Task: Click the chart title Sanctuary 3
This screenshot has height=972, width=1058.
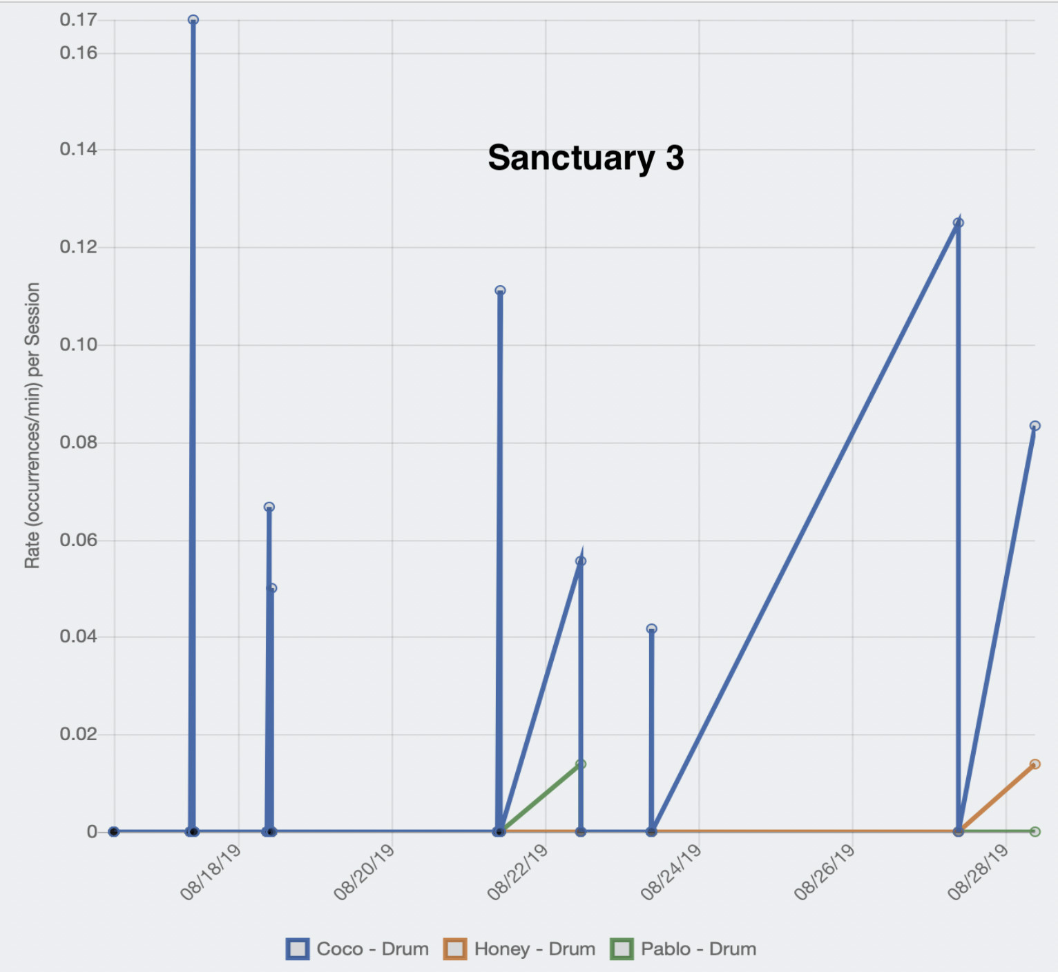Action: tap(586, 158)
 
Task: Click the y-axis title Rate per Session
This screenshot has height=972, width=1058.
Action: tap(32, 425)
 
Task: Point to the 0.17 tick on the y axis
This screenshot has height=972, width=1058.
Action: tap(78, 20)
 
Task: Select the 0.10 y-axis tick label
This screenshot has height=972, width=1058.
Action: tap(78, 344)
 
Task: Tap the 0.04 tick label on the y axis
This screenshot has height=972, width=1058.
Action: tap(78, 636)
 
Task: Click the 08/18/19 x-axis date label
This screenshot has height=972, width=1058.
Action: tap(211, 873)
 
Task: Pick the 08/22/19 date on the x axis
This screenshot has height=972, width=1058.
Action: tap(518, 873)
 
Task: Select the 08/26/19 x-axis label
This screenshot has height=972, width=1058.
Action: tap(825, 873)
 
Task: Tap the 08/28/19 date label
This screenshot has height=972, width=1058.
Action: tap(978, 873)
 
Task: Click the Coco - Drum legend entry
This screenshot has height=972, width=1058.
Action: tap(358, 949)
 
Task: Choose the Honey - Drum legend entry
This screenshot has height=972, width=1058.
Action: tap(520, 949)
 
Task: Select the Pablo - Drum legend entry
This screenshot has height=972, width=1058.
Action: tap(684, 949)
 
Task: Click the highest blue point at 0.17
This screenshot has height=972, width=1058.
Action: tap(193, 20)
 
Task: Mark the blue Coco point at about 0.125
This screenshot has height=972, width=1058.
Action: tap(958, 223)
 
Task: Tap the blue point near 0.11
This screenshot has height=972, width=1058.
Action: tap(500, 291)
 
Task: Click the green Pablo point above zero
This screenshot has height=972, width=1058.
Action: tap(581, 764)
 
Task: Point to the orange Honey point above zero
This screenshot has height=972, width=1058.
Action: tap(1035, 764)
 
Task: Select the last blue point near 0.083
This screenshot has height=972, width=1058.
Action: tap(1035, 426)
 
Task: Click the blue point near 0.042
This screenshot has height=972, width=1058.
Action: tap(651, 629)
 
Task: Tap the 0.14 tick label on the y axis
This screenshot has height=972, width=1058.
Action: tap(78, 149)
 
